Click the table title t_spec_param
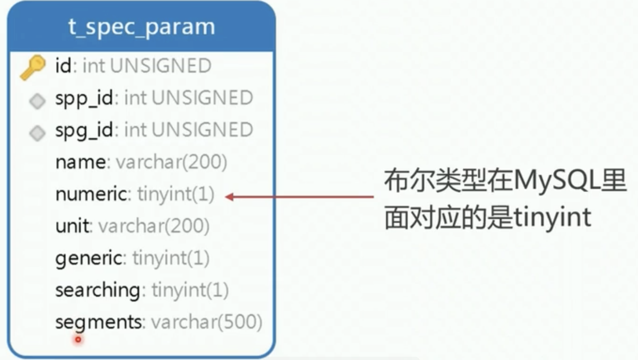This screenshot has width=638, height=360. pyautogui.click(x=141, y=27)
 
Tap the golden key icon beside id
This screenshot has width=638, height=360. pyautogui.click(x=33, y=67)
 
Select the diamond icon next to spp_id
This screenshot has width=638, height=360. pyautogui.click(x=37, y=101)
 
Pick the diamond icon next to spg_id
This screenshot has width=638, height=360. pyautogui.click(x=37, y=133)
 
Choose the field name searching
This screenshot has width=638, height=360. pyautogui.click(x=98, y=290)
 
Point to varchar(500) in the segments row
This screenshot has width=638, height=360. pyautogui.click(x=206, y=322)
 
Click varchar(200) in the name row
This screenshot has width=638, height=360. pyautogui.click(x=171, y=162)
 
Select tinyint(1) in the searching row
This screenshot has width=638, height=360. pyautogui.click(x=190, y=290)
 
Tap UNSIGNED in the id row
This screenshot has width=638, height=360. pyautogui.click(x=161, y=66)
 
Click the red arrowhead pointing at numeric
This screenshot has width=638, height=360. pyautogui.click(x=229, y=197)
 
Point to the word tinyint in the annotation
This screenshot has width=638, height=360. pyautogui.click(x=552, y=217)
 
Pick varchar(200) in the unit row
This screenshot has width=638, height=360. pyautogui.click(x=153, y=226)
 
